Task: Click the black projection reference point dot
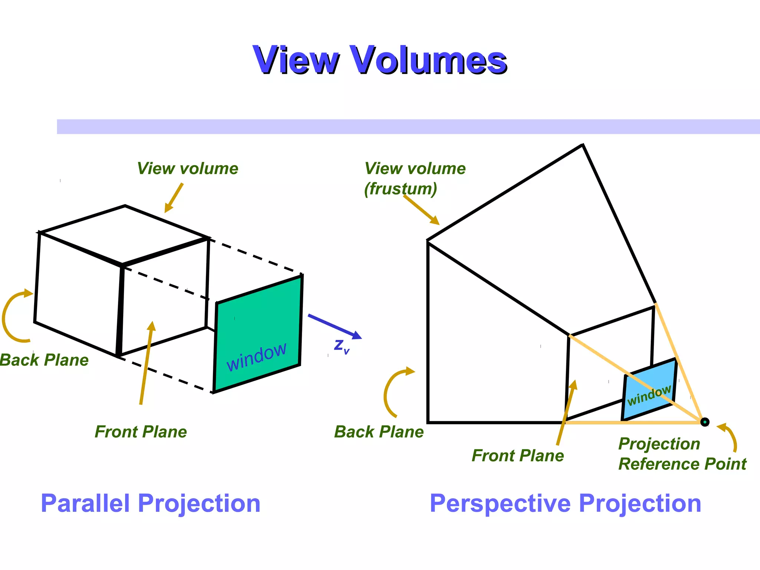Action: (705, 422)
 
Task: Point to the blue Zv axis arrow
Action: (334, 326)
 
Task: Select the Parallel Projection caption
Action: (150, 504)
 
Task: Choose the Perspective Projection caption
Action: (565, 504)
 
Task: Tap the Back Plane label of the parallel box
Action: (44, 360)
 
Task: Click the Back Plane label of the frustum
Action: (379, 432)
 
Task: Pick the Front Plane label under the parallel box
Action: (141, 432)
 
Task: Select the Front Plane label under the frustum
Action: (518, 455)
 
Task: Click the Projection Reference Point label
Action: (682, 454)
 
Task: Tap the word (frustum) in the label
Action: (400, 189)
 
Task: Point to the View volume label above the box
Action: (187, 168)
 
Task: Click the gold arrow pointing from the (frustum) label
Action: (421, 210)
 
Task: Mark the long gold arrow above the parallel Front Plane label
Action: (146, 364)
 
